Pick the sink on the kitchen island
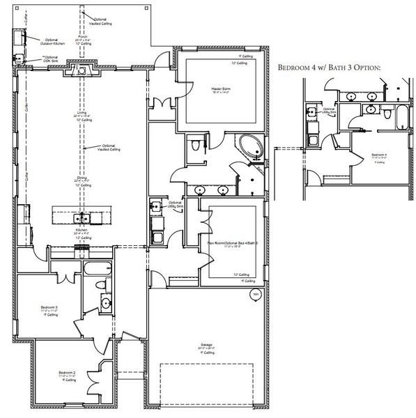click(x=82, y=216)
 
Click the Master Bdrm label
click(x=222, y=89)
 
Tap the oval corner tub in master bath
click(x=248, y=147)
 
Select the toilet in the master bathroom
click(x=197, y=144)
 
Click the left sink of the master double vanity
click(x=200, y=189)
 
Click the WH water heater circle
click(x=255, y=295)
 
